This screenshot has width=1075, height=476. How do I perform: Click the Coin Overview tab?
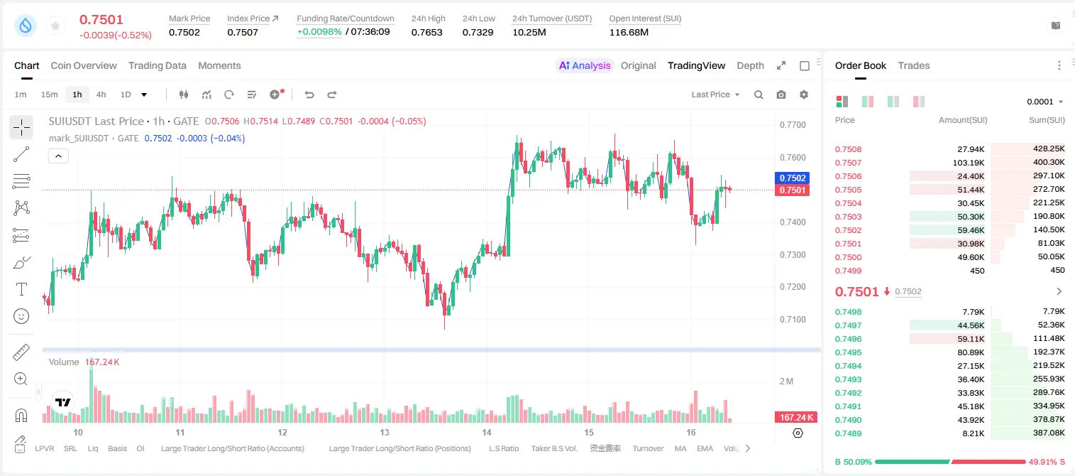point(84,66)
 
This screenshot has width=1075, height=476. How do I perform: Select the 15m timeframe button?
point(50,94)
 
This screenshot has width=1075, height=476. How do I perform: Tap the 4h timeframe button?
point(101,94)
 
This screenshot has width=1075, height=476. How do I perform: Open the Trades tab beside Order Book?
point(914,66)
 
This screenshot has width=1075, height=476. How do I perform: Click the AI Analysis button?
point(585,66)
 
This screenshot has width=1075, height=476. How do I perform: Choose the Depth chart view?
point(750,66)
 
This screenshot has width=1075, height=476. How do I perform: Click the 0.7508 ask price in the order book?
point(848,149)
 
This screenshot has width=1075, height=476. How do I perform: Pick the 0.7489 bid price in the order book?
point(848,433)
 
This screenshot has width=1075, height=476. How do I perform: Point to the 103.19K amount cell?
point(969,163)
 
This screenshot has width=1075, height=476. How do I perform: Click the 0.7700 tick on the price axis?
point(793,125)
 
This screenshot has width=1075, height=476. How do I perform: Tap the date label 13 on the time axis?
point(385,432)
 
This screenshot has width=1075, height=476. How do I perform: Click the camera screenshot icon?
point(781,94)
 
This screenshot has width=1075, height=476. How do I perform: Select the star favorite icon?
point(55,26)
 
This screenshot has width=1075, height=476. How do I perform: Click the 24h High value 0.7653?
point(426,32)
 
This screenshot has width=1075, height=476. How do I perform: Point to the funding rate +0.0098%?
point(319,32)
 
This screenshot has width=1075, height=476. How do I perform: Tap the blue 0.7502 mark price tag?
point(793,178)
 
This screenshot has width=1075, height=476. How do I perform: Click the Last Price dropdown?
point(715,94)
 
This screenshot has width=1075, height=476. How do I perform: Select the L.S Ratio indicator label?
point(504,448)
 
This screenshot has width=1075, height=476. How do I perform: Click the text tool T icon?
point(21,289)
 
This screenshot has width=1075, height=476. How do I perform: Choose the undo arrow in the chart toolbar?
point(309,94)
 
